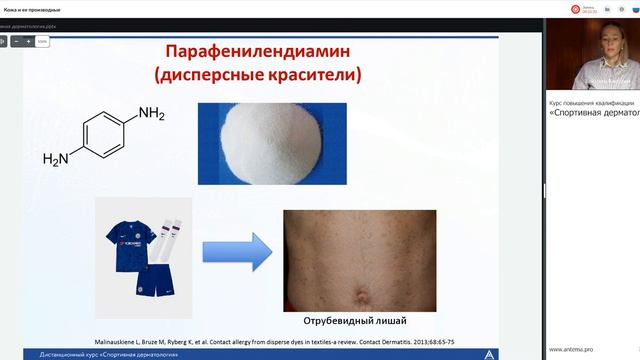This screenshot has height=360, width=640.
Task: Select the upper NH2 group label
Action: click(151, 113)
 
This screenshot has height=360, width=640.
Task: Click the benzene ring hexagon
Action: click(105, 135)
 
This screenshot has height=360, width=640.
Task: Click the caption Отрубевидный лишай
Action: click(359, 323)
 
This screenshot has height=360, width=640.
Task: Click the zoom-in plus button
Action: click(28, 42)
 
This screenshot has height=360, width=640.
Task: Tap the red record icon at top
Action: click(575, 8)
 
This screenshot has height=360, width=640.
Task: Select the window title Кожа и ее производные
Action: click(32, 8)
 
